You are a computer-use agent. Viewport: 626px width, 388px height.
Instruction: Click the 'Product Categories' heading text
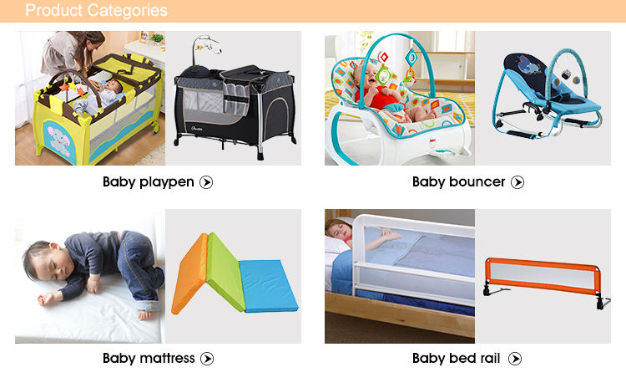point(96,10)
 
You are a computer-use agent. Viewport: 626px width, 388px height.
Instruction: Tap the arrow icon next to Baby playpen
point(206,182)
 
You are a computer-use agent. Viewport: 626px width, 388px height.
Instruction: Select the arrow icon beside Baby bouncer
point(517,182)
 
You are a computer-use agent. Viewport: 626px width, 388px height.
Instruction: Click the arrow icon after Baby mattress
point(207,359)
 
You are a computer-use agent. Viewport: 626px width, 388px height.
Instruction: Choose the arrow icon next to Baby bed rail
point(515,359)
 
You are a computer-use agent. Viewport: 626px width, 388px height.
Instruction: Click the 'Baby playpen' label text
point(148,182)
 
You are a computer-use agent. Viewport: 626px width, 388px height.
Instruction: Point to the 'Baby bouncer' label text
point(459,182)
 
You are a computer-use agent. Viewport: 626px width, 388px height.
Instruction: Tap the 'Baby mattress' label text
point(149,358)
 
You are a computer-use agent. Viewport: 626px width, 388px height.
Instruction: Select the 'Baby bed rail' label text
point(456,358)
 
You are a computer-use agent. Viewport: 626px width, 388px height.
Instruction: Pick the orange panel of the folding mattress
point(190,272)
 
